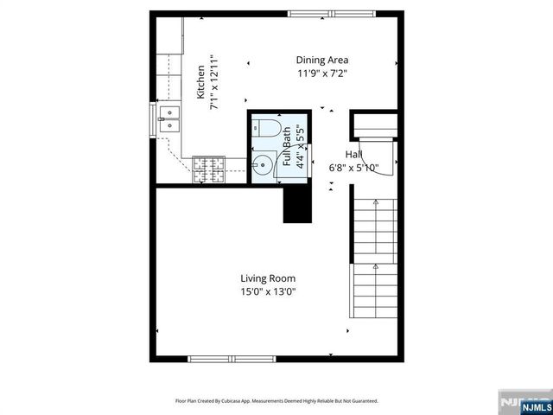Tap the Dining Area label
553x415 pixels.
pyautogui.click(x=321, y=60)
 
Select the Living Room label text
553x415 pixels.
pyautogui.click(x=268, y=278)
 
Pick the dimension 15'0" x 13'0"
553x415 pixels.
pyautogui.click(x=268, y=291)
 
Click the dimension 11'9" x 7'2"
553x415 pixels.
pyautogui.click(x=321, y=73)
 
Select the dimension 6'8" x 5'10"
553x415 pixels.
pyautogui.click(x=353, y=168)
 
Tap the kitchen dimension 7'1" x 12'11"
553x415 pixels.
pyautogui.click(x=215, y=84)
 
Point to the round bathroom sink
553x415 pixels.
pyautogui.click(x=262, y=163)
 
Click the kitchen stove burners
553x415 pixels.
pyautogui.click(x=207, y=169)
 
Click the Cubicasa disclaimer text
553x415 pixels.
pyautogui.click(x=276, y=400)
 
